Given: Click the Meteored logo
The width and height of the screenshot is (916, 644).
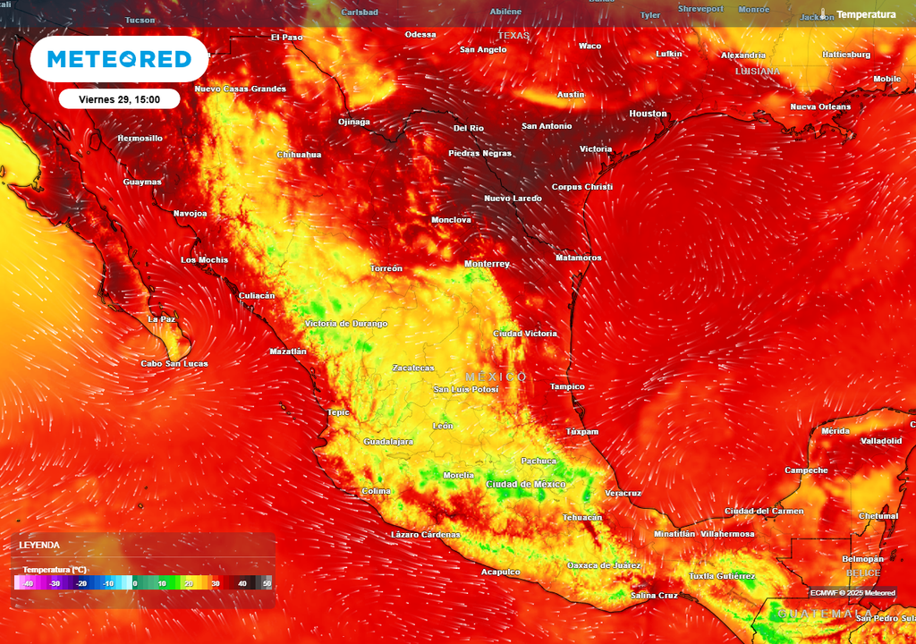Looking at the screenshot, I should pyautogui.click(x=119, y=59).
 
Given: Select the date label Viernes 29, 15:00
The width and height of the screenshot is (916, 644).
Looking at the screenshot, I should pyautogui.click(x=119, y=99).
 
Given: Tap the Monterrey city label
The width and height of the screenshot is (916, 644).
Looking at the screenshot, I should pyautogui.click(x=487, y=264).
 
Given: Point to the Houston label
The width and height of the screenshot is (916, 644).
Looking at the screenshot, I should pyautogui.click(x=648, y=114).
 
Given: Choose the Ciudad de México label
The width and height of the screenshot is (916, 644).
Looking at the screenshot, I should pyautogui.click(x=525, y=484).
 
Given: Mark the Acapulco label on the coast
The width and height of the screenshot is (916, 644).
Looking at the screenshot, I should pyautogui.click(x=500, y=572).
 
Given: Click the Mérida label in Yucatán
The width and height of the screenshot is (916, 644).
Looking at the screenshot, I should pyautogui.click(x=835, y=431).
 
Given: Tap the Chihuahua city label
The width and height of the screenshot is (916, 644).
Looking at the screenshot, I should pyautogui.click(x=299, y=155).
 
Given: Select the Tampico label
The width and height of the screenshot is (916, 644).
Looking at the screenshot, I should pyautogui.click(x=567, y=386).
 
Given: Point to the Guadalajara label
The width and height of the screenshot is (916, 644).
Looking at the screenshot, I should pyautogui.click(x=388, y=442).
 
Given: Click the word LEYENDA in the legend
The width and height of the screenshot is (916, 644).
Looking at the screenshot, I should pyautogui.click(x=39, y=545).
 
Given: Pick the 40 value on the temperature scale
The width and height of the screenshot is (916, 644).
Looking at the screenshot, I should pyautogui.click(x=242, y=583).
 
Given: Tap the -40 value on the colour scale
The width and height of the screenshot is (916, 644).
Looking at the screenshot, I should pyautogui.click(x=28, y=583).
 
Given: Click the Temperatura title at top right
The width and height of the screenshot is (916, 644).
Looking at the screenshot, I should pyautogui.click(x=865, y=15).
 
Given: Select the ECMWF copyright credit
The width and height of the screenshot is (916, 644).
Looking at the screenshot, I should pyautogui.click(x=852, y=592).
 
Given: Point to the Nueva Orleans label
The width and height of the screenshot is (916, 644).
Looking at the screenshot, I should pyautogui.click(x=820, y=106).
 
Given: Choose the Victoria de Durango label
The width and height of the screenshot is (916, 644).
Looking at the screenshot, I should pyautogui.click(x=346, y=323).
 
